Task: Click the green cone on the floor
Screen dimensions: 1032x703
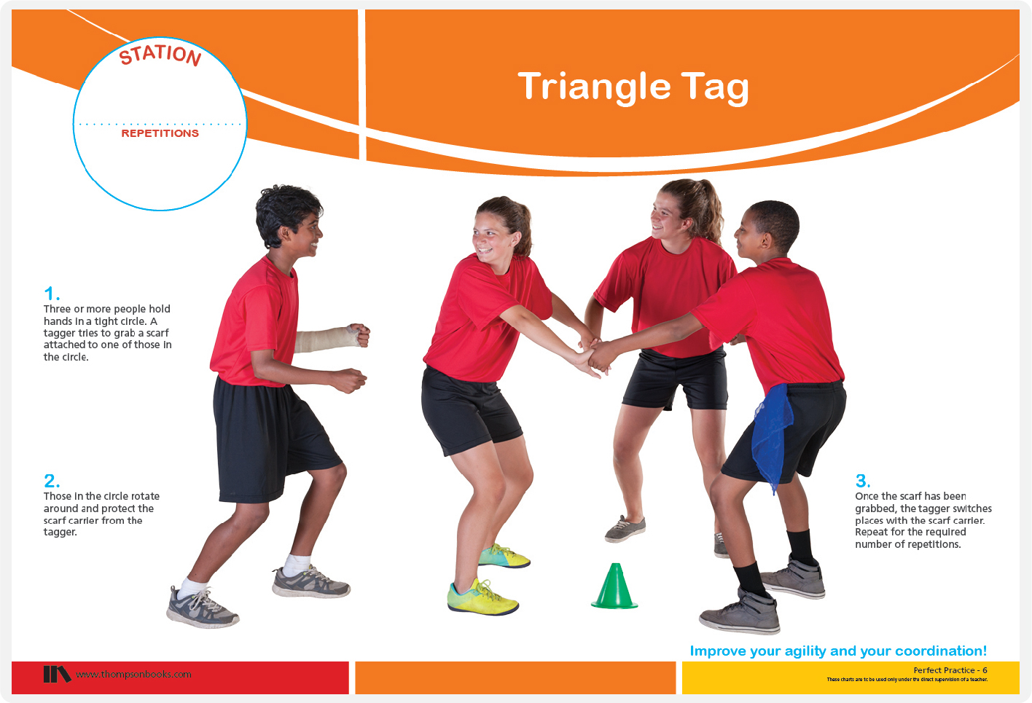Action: [614, 587]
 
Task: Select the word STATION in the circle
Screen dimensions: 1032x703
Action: [160, 55]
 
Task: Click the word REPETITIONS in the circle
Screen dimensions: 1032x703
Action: [160, 133]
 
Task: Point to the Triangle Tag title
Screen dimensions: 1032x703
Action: [633, 87]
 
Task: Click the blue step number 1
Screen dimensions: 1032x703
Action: [52, 294]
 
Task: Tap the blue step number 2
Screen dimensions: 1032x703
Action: [52, 481]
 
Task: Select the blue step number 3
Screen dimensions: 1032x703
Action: [863, 481]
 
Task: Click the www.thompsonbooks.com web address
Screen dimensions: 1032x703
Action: [133, 675]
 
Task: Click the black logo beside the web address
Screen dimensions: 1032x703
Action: [57, 674]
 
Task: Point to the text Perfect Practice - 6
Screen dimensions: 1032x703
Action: [950, 670]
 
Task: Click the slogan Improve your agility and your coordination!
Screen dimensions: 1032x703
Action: [838, 651]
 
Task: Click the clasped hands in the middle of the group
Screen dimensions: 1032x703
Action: [594, 356]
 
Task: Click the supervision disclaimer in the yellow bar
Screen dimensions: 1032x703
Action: [907, 680]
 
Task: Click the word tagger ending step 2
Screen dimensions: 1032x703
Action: [60, 533]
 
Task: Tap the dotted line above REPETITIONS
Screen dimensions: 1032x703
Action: [160, 125]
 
